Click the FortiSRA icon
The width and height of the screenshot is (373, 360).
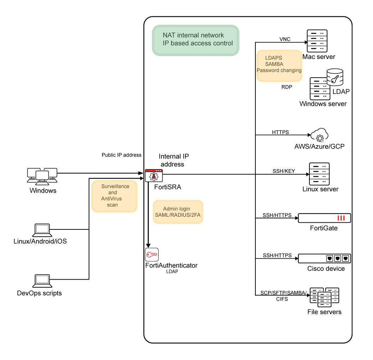pos(154,175)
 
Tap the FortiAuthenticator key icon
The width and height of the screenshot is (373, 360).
pos(152,254)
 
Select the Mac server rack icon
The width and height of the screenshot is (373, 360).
pos(316,41)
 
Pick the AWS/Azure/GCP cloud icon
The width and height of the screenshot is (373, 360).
pos(320,136)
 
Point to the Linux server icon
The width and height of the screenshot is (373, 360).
pos(319,174)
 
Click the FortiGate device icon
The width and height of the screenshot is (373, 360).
pos(324,218)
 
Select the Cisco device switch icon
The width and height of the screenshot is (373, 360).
pos(324,258)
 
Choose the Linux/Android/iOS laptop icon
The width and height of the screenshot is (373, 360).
pos(42,230)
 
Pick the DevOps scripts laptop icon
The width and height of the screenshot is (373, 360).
pos(42,281)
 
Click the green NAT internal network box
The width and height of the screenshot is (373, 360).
pos(196,40)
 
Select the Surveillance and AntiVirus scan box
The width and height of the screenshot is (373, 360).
pos(114,196)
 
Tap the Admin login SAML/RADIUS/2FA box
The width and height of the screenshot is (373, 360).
pos(178,212)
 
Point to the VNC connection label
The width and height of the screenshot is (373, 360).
pos(285,39)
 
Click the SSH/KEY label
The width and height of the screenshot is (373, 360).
pos(283,171)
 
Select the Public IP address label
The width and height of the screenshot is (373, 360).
pos(122,155)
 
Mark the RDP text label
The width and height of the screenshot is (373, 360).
pos(287,87)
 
